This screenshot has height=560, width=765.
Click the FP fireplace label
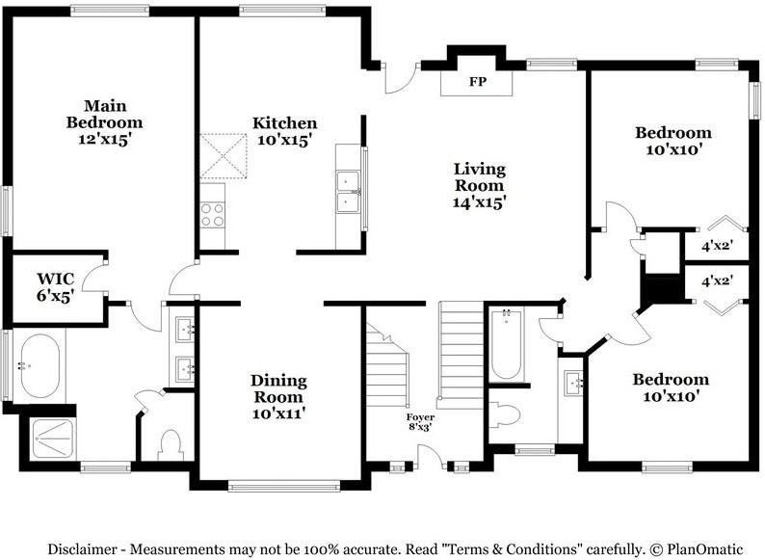478,82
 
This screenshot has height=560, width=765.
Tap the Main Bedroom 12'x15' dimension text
104,139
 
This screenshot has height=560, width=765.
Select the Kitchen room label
284,122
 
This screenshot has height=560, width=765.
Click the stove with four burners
212,215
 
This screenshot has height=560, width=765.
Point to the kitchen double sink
348,192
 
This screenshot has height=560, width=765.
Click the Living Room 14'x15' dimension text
479,201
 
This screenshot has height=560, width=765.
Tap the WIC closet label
56,279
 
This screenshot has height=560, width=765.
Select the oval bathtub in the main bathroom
40,365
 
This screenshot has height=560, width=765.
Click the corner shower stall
52,439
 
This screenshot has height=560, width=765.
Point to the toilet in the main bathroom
171,444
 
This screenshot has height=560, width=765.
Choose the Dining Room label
278,388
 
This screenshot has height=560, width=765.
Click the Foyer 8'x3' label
420,422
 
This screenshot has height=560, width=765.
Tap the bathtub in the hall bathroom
506,345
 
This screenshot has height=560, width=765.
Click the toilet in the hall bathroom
505,415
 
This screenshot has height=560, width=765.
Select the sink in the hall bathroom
573,383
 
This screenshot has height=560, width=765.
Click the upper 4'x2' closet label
717,246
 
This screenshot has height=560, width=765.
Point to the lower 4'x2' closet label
717,280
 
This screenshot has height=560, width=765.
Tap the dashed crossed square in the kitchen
224,156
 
